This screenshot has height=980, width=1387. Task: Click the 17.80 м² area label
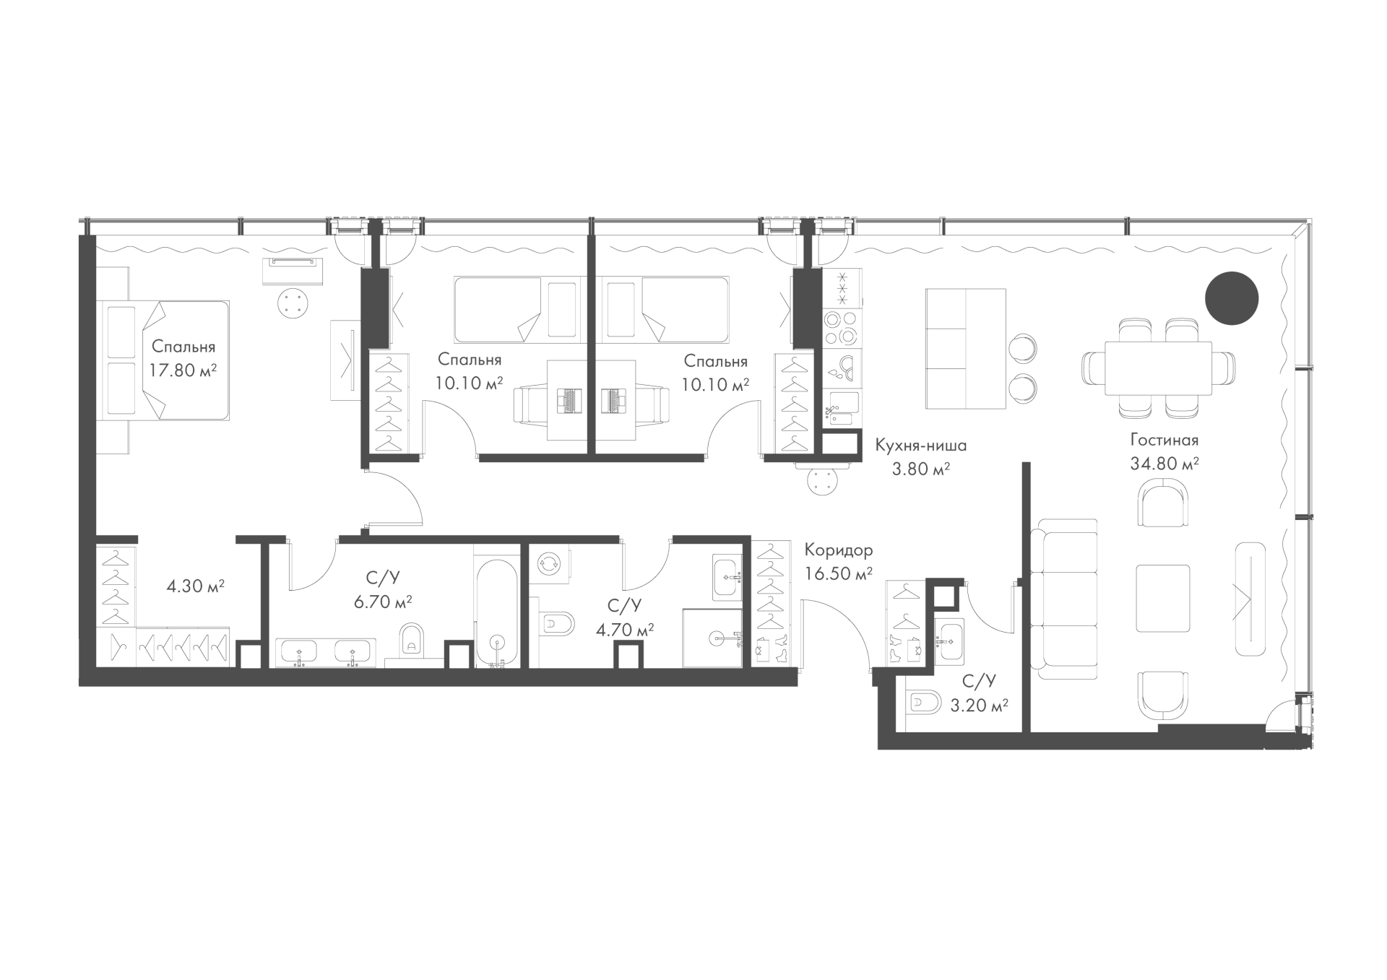[183, 370]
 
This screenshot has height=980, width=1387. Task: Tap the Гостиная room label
[1165, 441]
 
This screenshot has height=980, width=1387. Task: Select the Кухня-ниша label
[921, 446]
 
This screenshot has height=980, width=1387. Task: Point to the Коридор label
[839, 550]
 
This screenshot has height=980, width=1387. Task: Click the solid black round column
[1232, 298]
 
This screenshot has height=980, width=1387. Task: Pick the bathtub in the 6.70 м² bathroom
[496, 612]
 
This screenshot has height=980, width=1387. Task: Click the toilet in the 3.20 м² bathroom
[925, 702]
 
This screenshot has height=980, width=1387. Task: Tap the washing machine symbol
[550, 564]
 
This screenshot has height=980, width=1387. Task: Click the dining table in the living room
[1158, 368]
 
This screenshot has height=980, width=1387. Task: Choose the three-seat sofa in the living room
[1063, 599]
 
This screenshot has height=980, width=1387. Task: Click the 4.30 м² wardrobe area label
[196, 586]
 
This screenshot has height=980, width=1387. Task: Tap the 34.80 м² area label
[1165, 464]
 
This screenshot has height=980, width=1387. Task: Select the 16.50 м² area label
[839, 574]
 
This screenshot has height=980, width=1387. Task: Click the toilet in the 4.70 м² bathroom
[558, 623]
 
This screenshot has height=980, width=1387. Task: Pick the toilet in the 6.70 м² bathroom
[412, 638]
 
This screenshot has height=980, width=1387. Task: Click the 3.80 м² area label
[921, 469]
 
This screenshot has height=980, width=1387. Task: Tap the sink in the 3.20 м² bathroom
[949, 639]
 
